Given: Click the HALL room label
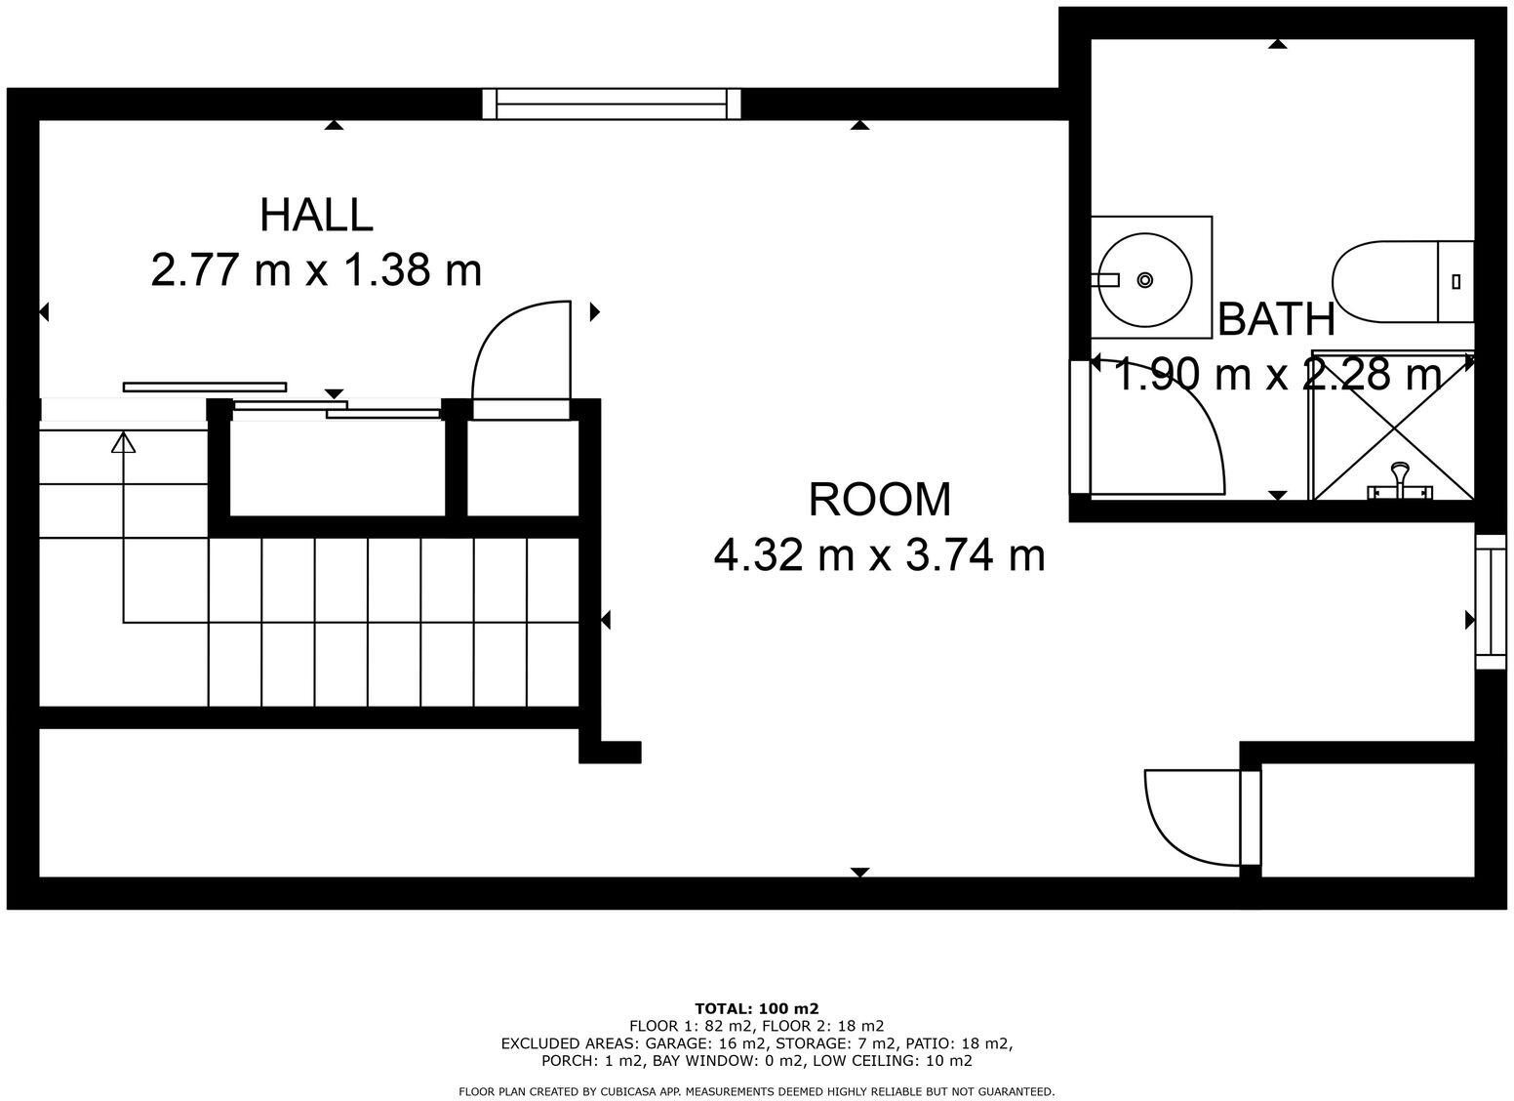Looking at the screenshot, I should [316, 215].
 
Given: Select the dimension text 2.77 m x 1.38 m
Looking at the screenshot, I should [316, 269].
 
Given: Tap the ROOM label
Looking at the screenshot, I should [879, 500].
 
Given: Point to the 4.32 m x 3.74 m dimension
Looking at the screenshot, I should [879, 555].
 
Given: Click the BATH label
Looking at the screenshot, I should [1276, 319].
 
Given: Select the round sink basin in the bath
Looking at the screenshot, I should [1145, 279].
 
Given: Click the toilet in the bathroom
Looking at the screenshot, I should [1401, 282].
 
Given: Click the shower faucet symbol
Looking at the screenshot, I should [1400, 480].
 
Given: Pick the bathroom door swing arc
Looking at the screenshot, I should [1171, 429].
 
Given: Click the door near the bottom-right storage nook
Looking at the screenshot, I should [1195, 817].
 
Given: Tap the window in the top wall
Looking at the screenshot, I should [612, 103].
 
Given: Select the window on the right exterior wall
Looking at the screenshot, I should [1490, 602].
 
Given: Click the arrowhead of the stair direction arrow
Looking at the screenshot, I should [123, 443].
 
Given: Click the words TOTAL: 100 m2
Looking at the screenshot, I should [756, 1008].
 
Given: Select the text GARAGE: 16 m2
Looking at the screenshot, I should [700, 1043].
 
